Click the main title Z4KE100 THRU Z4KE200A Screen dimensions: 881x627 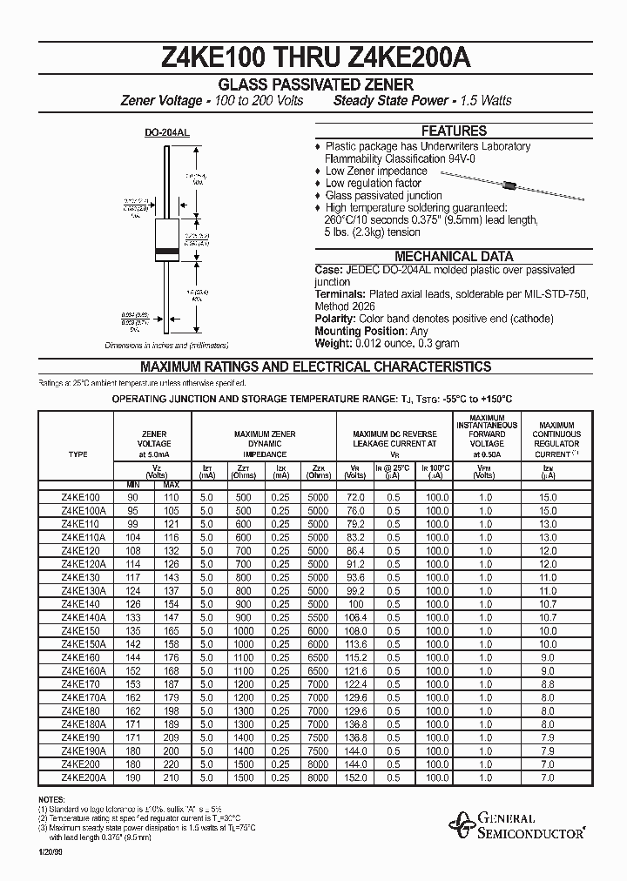[314, 59]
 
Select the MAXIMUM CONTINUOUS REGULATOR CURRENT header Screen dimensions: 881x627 [556, 438]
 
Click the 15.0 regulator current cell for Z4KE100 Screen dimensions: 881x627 [547, 497]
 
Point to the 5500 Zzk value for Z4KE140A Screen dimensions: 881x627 [318, 616]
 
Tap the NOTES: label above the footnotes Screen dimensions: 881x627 [51, 798]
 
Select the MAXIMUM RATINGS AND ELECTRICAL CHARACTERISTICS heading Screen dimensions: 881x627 [315, 367]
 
